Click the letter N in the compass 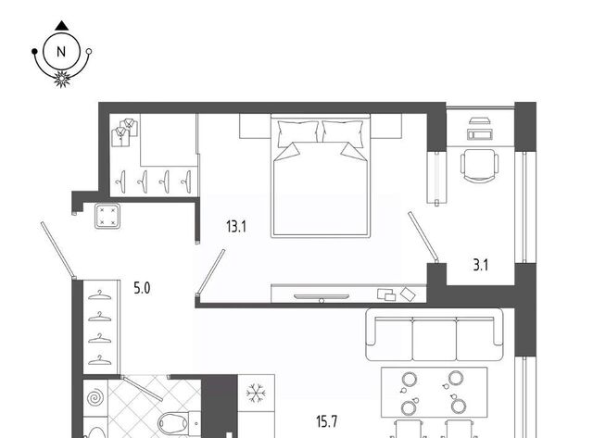(x=61, y=52)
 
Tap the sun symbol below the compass (x=62, y=79)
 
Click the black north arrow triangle (x=62, y=26)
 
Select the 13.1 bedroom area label (x=236, y=227)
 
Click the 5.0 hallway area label (x=142, y=288)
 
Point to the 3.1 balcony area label (x=480, y=265)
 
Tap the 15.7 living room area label (x=327, y=421)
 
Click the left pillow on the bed (x=297, y=133)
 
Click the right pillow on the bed (x=343, y=133)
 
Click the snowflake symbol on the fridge (x=256, y=393)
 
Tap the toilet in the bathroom (x=179, y=423)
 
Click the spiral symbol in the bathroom (x=95, y=398)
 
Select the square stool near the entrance (x=107, y=216)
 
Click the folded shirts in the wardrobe (x=124, y=132)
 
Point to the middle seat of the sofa (x=435, y=338)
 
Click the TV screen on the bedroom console (x=322, y=296)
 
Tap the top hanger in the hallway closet (x=99, y=294)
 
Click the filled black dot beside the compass (x=34, y=51)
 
